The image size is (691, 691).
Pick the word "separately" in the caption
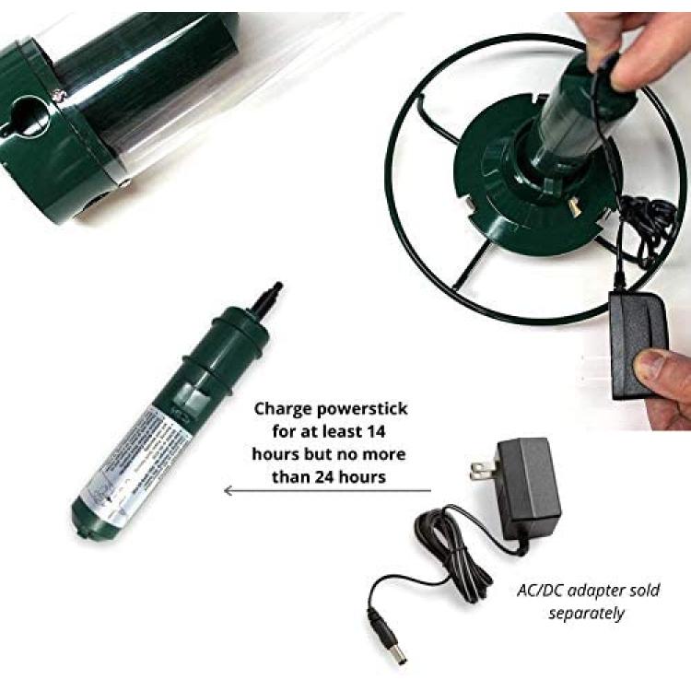point(586,612)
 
